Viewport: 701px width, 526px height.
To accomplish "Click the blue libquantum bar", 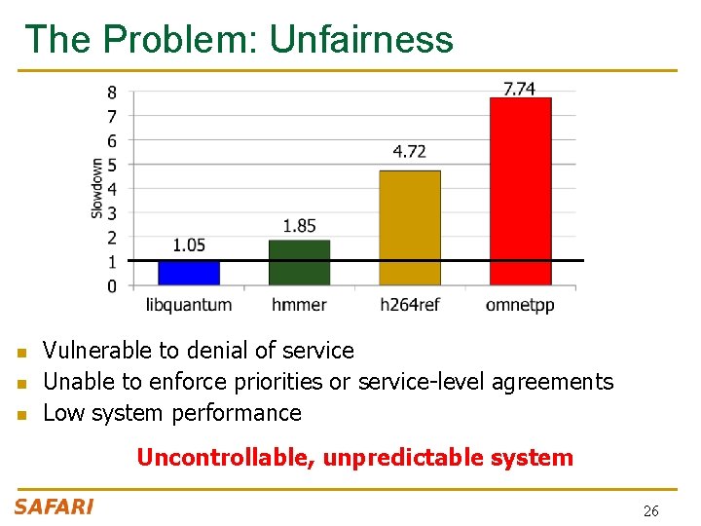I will click(x=189, y=273).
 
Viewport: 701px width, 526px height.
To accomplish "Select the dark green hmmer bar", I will click(x=299, y=263).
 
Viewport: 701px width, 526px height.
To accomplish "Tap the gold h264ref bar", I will click(x=409, y=228).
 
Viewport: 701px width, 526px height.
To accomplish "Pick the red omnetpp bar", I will click(x=520, y=191).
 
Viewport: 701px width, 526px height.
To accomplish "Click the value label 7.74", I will click(x=519, y=89).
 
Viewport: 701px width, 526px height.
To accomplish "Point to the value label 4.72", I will click(x=409, y=151).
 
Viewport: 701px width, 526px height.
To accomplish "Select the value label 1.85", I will click(x=299, y=226).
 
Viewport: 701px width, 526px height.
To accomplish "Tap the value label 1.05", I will click(x=189, y=244).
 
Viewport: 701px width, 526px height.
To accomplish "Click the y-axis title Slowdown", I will click(x=97, y=188).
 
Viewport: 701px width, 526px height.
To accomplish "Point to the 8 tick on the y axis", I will click(x=112, y=93).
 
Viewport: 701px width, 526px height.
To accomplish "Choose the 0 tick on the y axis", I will click(x=112, y=286).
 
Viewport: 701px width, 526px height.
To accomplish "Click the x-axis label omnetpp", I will click(x=520, y=305).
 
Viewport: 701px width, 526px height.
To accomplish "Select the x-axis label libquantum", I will click(x=189, y=305).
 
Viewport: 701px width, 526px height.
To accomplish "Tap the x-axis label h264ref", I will click(x=409, y=305).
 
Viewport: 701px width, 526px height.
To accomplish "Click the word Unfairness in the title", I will click(x=361, y=40).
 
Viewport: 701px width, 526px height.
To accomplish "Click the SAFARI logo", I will click(x=54, y=507).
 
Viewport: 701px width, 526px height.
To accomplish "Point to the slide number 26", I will click(x=651, y=510).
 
